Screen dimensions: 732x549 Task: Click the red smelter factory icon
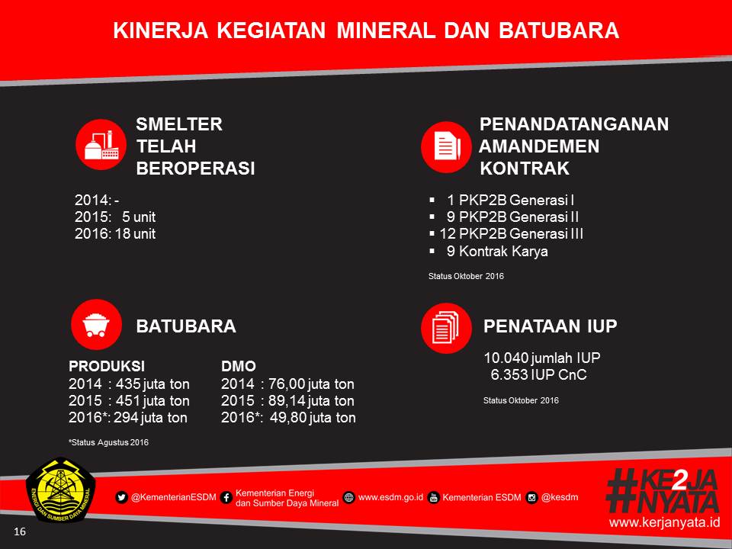click(x=101, y=145)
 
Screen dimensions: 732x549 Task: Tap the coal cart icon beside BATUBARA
click(x=96, y=325)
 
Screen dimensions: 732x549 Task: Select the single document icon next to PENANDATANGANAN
click(x=446, y=146)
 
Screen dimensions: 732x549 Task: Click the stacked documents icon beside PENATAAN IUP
click(x=446, y=328)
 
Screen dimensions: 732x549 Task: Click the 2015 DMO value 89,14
click(x=286, y=400)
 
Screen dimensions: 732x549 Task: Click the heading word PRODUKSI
click(x=107, y=366)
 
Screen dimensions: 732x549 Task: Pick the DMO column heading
click(x=239, y=366)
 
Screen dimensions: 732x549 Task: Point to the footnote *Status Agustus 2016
click(x=109, y=442)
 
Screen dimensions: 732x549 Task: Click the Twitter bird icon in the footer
click(x=121, y=497)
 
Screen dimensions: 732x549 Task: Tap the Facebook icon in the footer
click(x=226, y=498)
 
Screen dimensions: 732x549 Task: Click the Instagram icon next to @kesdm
click(x=531, y=498)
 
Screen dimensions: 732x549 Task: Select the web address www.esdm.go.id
click(x=390, y=497)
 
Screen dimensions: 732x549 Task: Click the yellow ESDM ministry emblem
click(x=61, y=490)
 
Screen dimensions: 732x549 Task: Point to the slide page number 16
click(x=20, y=531)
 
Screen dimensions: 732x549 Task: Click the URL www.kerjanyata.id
click(x=664, y=522)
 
